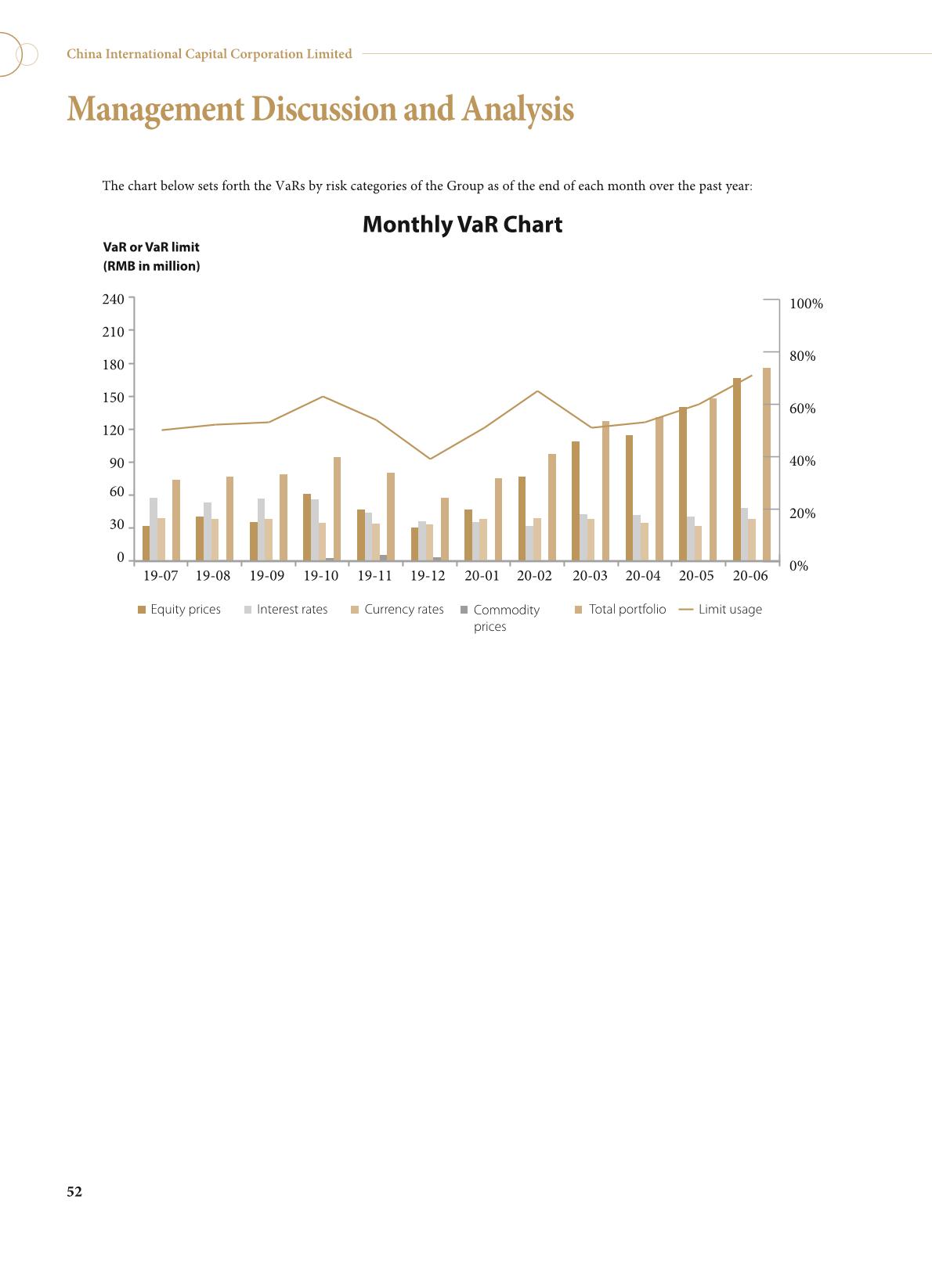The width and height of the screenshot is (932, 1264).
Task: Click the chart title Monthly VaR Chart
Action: (462, 225)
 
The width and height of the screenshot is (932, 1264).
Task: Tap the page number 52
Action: (74, 1191)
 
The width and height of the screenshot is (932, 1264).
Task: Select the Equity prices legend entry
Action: (179, 610)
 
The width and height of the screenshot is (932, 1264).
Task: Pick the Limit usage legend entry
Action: (721, 610)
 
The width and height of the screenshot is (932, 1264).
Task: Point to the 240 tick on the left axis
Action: (114, 299)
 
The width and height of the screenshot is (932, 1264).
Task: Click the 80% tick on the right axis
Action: (802, 356)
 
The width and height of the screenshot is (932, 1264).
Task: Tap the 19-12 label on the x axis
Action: (428, 576)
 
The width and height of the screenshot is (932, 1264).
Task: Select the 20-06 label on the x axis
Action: (750, 576)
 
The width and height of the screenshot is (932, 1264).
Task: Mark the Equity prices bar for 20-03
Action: (576, 501)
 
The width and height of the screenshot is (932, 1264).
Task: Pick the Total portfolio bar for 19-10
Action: (337, 509)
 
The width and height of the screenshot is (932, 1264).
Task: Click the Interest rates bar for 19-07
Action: (154, 529)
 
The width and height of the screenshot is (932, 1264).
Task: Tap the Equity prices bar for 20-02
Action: (522, 518)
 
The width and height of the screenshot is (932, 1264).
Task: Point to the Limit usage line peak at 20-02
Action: (537, 391)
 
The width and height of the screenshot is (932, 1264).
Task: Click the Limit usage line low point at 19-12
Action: (429, 459)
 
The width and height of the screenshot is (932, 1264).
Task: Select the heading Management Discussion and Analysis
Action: (320, 110)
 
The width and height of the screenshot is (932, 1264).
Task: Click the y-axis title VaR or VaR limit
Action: (151, 247)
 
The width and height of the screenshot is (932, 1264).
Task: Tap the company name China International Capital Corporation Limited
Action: (209, 54)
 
